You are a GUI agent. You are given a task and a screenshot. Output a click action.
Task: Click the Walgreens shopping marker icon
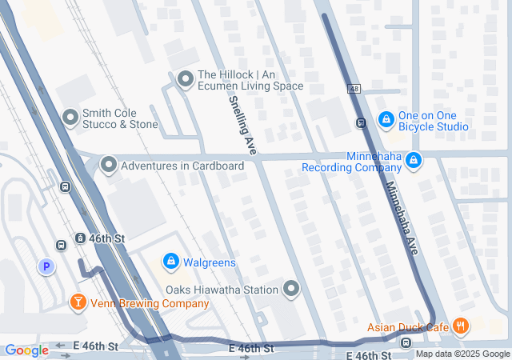coord(170,262)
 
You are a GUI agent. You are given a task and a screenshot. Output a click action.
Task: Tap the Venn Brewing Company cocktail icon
coord(78,302)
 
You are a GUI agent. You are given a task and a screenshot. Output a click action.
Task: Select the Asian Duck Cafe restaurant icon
coord(460,326)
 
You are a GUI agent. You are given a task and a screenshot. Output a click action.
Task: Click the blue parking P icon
coord(46,266)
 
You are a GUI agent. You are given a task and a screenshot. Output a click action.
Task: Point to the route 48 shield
coord(353,89)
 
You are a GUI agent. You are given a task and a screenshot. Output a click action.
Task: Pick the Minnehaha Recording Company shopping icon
coord(413,161)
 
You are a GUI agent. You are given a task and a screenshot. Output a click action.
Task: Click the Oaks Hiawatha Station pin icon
coord(291,289)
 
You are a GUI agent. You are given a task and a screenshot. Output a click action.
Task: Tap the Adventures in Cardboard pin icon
coord(109,166)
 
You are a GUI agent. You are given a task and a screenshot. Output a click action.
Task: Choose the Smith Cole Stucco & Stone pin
coord(70,118)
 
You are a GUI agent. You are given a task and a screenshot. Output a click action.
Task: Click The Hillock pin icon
coord(186,79)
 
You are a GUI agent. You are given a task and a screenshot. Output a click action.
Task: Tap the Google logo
coord(26,350)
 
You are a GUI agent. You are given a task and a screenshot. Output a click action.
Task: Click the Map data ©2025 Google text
coord(462,354)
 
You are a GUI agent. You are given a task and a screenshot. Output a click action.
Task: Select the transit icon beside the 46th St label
coord(80,238)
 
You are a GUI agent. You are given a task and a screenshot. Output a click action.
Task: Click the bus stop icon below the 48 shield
coord(361,122)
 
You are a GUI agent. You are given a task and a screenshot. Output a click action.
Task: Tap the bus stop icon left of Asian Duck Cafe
coord(406,343)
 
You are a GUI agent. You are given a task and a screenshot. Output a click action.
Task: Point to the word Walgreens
coord(210,262)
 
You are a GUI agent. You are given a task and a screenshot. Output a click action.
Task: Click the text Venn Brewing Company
coord(150,304)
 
